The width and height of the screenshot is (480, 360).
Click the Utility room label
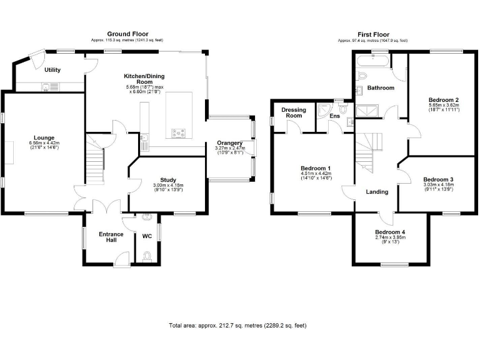click(x=52, y=70)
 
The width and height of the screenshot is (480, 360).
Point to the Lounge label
click(x=44, y=137)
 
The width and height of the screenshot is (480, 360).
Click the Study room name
click(x=168, y=179)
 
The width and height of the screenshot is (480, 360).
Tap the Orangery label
click(x=230, y=143)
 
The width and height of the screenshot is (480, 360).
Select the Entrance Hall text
click(x=111, y=238)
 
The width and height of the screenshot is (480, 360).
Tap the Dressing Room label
click(x=293, y=112)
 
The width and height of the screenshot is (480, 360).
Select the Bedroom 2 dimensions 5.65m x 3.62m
click(x=444, y=106)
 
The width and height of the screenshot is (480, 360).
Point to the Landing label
click(x=377, y=192)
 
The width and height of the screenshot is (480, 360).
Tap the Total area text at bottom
click(x=237, y=326)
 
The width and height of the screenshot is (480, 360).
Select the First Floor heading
click(x=373, y=34)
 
